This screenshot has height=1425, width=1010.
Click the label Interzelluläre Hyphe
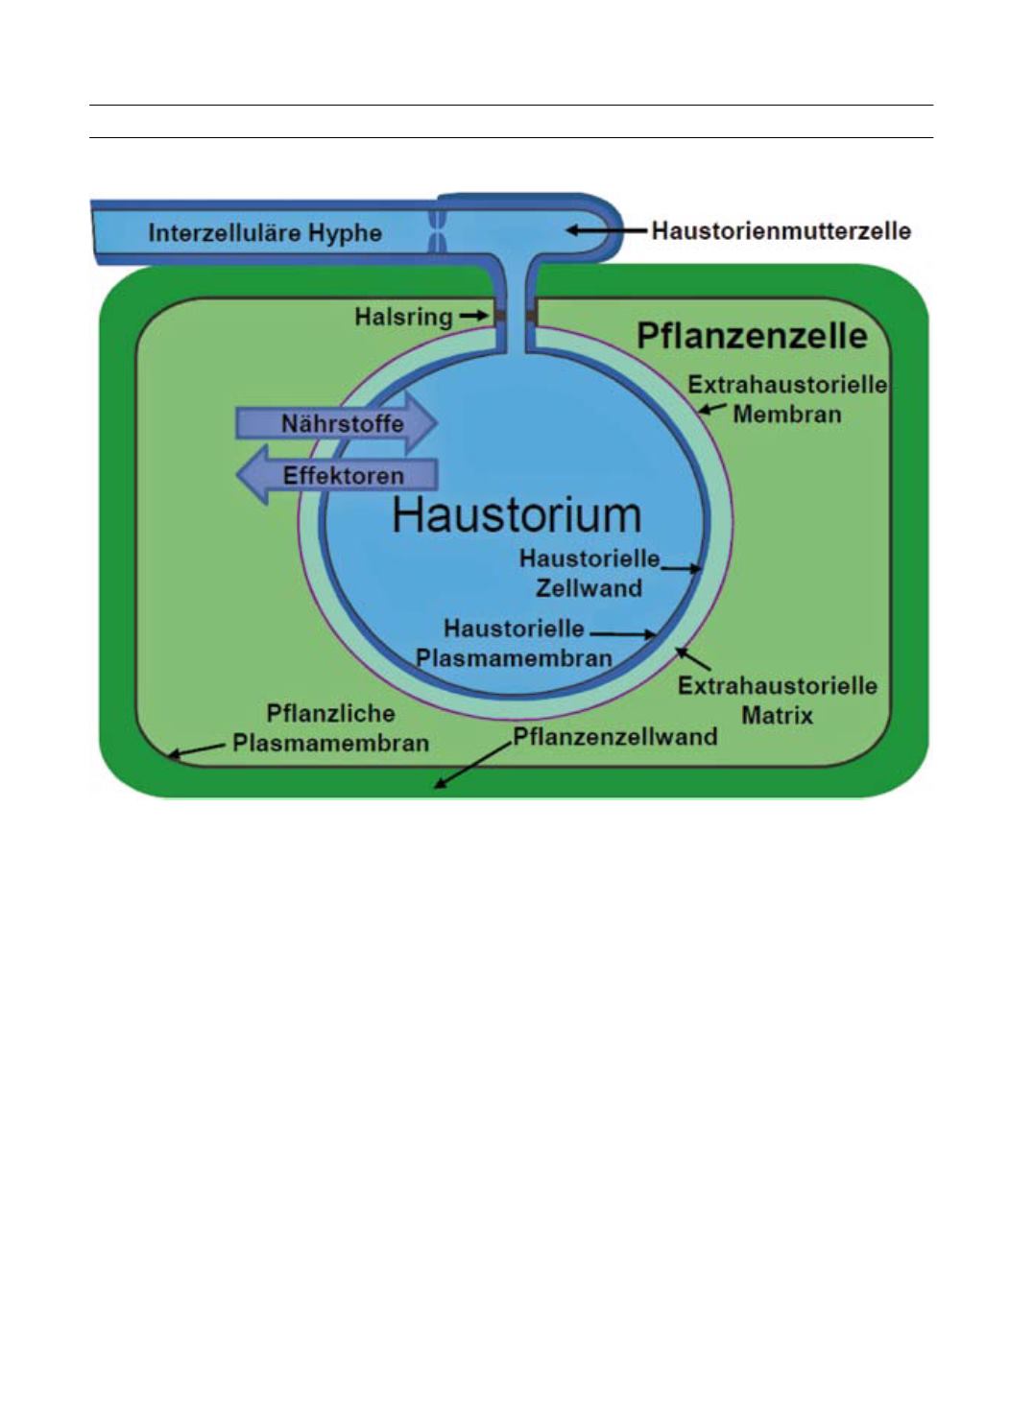265,233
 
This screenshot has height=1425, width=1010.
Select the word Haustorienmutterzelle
781,230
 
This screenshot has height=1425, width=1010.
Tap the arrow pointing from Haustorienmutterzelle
606,230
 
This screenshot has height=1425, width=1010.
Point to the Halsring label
403,316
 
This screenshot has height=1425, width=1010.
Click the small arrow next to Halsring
474,315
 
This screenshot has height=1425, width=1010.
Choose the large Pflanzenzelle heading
753,335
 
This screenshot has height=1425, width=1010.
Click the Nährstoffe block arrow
337,423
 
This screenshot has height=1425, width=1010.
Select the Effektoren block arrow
337,475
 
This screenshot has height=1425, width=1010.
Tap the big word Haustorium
517,514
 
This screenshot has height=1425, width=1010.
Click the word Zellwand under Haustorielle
589,588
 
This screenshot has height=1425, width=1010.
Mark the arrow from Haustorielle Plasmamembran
623,633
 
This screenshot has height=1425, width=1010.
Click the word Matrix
777,716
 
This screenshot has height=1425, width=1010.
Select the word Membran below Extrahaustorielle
787,415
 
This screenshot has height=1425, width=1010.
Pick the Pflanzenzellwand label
614,737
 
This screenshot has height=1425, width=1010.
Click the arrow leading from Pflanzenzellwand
473,766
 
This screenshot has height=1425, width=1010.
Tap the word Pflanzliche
330,713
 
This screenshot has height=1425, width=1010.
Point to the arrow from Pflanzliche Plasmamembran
196,750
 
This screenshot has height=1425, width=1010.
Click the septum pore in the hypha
437,231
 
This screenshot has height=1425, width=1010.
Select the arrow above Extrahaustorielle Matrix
692,658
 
